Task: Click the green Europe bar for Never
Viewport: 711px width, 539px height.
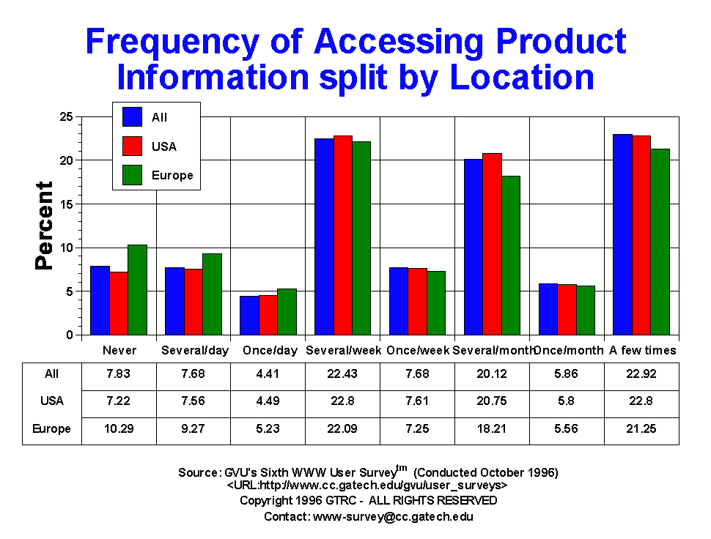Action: point(137,290)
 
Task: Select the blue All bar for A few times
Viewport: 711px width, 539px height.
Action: point(623,234)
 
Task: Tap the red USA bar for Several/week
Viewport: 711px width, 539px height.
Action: point(343,235)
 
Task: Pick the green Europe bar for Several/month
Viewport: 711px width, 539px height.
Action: point(510,255)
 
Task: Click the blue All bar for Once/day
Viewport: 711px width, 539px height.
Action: point(249,316)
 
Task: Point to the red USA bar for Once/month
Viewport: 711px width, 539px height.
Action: point(567,310)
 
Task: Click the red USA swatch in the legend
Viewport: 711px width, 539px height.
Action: point(133,146)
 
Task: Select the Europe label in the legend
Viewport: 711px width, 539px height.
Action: point(173,176)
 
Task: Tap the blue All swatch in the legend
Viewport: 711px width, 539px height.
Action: point(133,117)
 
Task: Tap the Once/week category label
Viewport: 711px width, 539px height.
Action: point(418,351)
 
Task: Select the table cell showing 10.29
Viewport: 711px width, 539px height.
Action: point(119,429)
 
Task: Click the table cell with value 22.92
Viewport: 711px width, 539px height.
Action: point(641,373)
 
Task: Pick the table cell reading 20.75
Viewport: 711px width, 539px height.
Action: point(492,401)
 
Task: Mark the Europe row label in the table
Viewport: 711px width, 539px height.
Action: point(52,429)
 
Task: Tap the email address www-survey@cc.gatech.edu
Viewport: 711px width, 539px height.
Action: point(393,517)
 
